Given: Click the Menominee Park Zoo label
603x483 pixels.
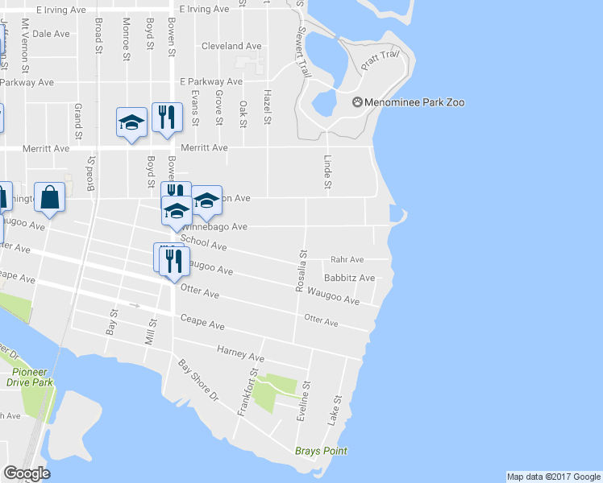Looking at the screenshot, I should pyautogui.click(x=408, y=102).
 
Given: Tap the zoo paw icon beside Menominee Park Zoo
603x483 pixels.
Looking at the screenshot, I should pyautogui.click(x=358, y=102).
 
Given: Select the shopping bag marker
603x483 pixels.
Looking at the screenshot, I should pyautogui.click(x=50, y=198).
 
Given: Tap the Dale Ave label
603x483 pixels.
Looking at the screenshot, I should pyautogui.click(x=52, y=34).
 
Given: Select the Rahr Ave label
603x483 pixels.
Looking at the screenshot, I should pyautogui.click(x=347, y=260).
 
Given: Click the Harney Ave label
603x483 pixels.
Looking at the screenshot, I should pyautogui.click(x=240, y=353).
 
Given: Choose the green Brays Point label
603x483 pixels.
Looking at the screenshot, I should pyautogui.click(x=321, y=452).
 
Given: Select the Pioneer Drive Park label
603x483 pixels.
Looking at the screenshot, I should pyautogui.click(x=32, y=377).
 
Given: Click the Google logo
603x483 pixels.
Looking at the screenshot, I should pyautogui.click(x=27, y=473).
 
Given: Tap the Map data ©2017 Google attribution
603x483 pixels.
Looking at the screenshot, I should pyautogui.click(x=553, y=477).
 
